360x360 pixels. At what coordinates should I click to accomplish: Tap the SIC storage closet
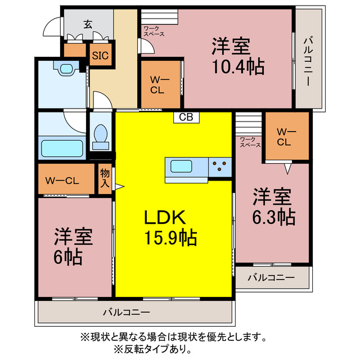click(x=101, y=55)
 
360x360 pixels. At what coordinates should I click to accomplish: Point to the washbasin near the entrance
click(x=67, y=69)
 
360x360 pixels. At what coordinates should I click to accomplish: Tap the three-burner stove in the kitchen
click(x=220, y=167)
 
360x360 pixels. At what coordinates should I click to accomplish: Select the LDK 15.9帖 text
click(x=169, y=228)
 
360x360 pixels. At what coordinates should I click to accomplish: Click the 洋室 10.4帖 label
click(x=238, y=56)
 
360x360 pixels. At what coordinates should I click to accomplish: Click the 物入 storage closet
click(x=105, y=178)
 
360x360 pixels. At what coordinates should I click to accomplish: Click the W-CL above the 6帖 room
click(x=62, y=181)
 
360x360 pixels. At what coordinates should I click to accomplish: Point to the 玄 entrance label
click(x=88, y=24)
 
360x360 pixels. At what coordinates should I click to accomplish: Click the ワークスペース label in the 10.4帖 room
click(x=154, y=31)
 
